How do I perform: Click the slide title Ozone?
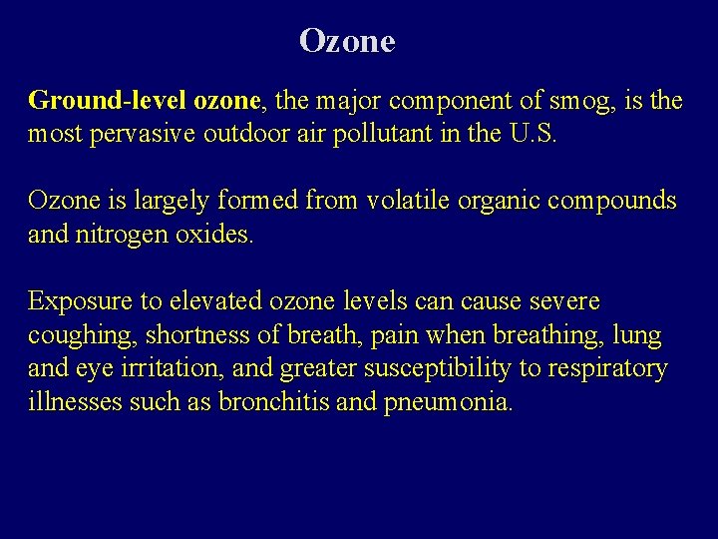(347, 41)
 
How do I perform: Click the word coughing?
(73, 335)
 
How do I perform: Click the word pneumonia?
(448, 403)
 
